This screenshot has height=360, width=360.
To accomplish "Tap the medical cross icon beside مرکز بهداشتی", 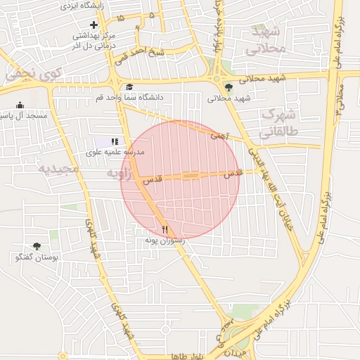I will click(93, 25).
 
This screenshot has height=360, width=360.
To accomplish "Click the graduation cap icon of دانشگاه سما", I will click(129, 86).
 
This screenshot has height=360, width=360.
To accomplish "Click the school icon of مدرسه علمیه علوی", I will click(115, 141).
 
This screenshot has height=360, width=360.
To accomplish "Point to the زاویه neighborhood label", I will click(115, 172).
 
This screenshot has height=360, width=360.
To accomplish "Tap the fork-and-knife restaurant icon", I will click(165, 229).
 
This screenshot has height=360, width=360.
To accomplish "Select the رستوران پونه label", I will click(165, 240).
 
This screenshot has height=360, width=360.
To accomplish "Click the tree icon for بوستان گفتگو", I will click(37, 246).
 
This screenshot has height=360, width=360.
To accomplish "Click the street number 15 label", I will click(122, 17).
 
